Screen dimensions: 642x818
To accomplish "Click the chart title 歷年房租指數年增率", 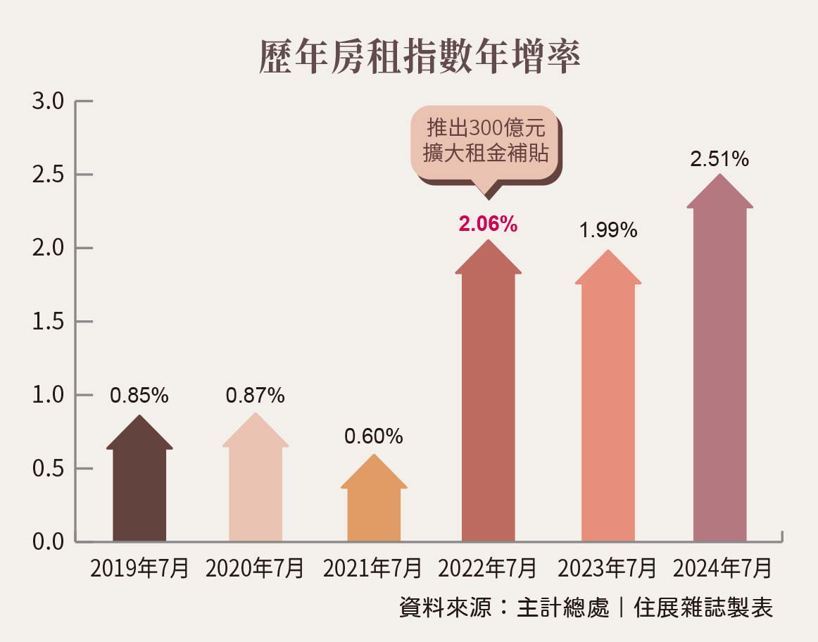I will click(420, 57).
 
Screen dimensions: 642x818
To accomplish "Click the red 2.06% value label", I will click(488, 225).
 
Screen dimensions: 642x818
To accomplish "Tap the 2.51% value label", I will click(719, 159).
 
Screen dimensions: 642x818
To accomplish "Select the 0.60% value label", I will click(373, 436).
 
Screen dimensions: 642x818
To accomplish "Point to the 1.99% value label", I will click(608, 230).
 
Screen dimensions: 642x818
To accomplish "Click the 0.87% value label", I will click(255, 396).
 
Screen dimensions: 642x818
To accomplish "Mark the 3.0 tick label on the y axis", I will click(49, 102).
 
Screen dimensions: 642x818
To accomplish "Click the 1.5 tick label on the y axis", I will click(49, 322).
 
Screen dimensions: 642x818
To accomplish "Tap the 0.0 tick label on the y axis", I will click(49, 542).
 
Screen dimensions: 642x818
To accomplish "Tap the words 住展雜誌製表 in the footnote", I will click(703, 608).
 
